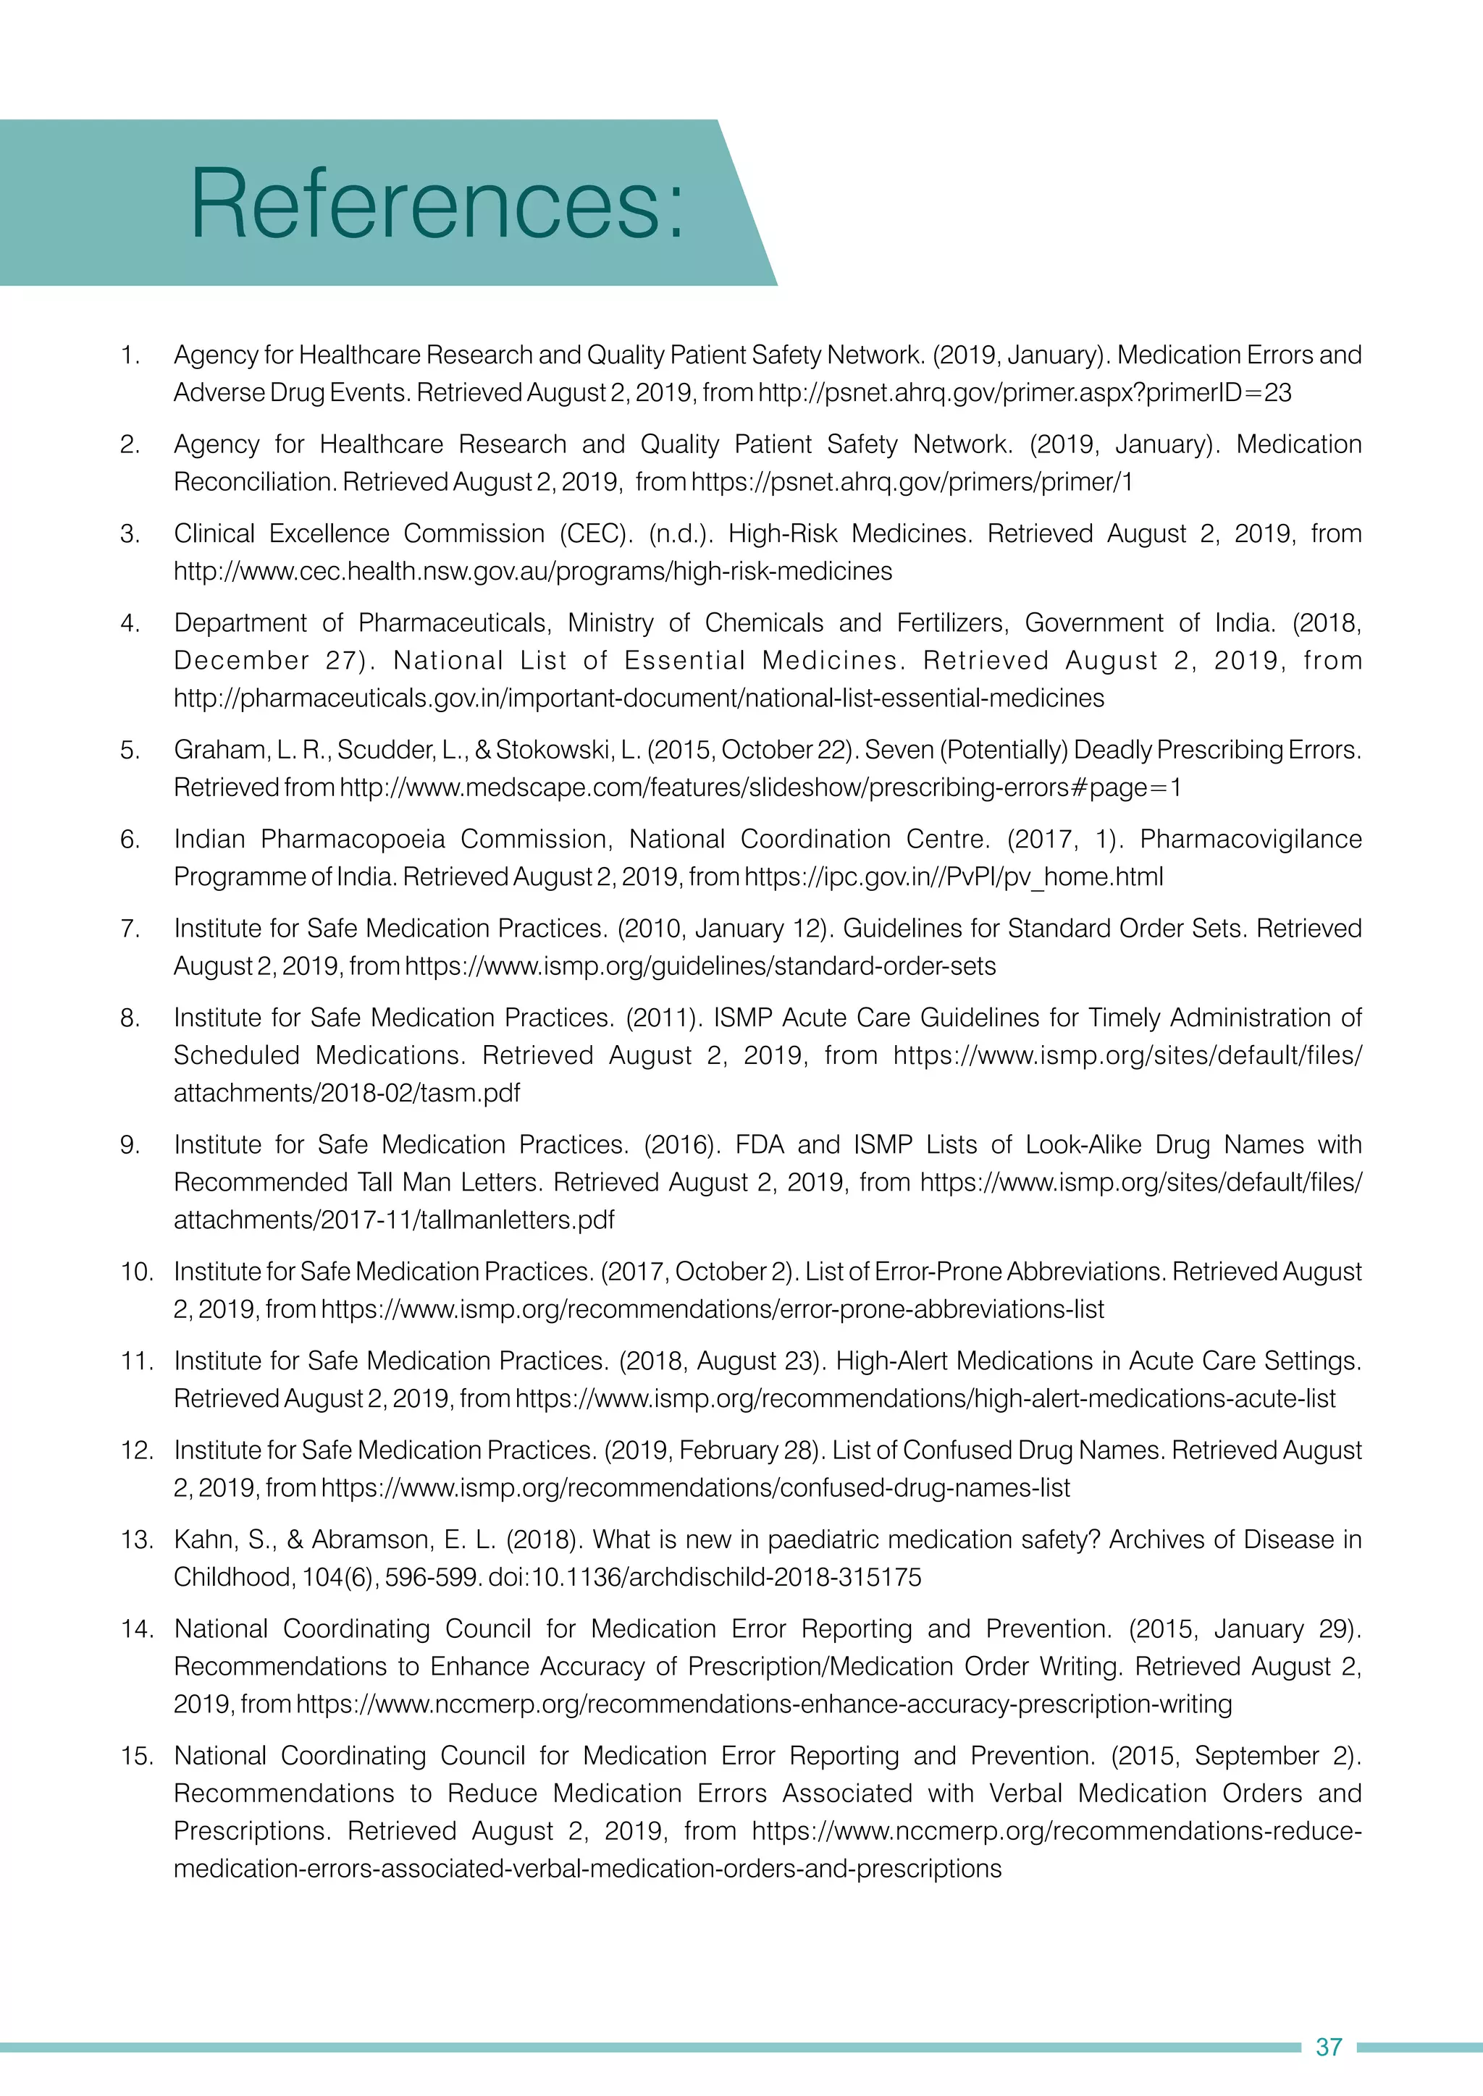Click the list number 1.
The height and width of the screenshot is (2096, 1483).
tap(130, 355)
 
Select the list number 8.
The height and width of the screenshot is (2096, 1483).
tap(130, 1018)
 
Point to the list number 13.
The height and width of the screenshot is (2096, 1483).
tap(136, 1540)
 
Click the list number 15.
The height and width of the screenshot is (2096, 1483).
tap(136, 1756)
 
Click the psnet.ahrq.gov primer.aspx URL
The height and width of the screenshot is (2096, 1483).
tap(1025, 392)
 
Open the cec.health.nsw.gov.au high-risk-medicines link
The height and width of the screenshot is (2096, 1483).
tap(533, 572)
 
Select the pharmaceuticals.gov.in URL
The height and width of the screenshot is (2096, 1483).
tap(639, 698)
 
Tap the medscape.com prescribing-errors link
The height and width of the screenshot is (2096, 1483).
tap(760, 787)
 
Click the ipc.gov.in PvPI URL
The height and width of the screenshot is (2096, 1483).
tap(954, 876)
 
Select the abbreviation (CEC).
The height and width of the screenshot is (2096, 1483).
tap(595, 534)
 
